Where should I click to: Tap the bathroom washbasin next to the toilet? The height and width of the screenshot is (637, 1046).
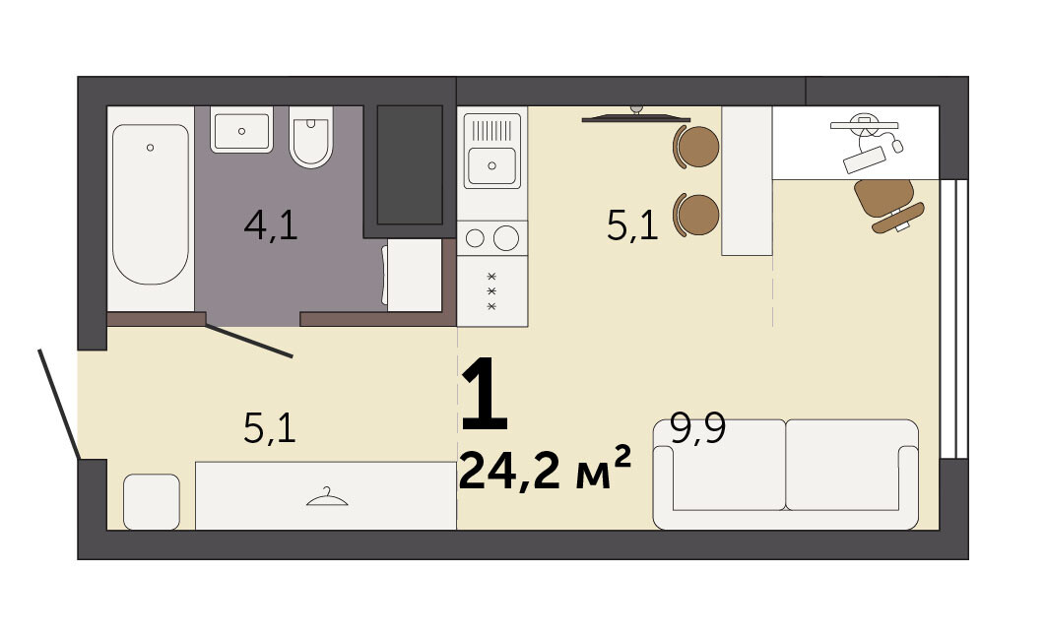coord(241,129)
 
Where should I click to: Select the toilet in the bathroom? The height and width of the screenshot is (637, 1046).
coord(311,137)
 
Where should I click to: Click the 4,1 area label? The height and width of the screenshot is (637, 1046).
coord(270,224)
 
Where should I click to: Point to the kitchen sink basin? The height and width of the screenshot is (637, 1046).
coord(492,165)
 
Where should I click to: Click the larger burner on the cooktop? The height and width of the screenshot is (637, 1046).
coord(506,238)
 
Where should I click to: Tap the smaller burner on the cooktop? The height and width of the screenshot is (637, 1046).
coord(475,238)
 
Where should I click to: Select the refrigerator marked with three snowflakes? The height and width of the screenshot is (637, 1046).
coord(492,291)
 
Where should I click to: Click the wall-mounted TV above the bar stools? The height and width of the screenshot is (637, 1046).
coord(635,117)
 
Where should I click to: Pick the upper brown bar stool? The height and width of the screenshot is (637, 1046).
coord(696,146)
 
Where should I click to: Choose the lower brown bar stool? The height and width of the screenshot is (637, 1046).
coord(696,215)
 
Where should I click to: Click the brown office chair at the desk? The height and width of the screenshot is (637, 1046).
coord(887,205)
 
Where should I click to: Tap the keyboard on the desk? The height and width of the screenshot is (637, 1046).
coord(865,159)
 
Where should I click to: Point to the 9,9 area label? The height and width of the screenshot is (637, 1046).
coord(697,428)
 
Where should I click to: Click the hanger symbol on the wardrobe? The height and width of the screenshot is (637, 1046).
coord(327,497)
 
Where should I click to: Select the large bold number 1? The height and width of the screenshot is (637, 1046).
coord(485,394)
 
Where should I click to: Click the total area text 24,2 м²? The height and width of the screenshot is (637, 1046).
coord(545,469)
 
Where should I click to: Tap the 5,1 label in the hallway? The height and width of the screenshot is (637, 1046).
coord(270,428)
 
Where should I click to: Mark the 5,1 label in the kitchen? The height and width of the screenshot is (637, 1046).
coord(632,224)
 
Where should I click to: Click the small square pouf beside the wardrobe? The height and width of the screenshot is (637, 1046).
coord(152,501)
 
